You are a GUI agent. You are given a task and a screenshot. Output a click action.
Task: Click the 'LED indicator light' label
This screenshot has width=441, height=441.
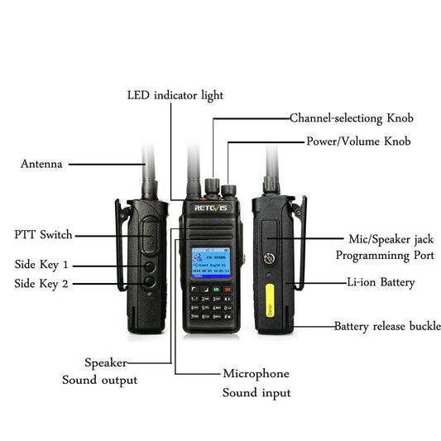(175, 95)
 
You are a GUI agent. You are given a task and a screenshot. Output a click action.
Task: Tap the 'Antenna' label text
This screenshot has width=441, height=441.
(41, 164)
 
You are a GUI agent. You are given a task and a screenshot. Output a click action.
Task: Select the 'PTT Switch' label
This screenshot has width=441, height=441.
(43, 235)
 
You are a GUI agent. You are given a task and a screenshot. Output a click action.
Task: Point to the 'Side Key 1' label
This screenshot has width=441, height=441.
(41, 266)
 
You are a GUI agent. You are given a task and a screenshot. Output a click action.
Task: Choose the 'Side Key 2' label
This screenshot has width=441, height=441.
(41, 284)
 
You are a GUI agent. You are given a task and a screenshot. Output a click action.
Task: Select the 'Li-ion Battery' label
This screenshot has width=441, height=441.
(380, 283)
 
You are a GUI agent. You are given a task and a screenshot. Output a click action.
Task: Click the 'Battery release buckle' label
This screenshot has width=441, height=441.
(381, 326)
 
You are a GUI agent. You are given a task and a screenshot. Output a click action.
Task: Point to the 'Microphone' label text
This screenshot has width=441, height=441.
(256, 373)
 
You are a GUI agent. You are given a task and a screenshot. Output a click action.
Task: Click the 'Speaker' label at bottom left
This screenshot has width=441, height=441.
(105, 362)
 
